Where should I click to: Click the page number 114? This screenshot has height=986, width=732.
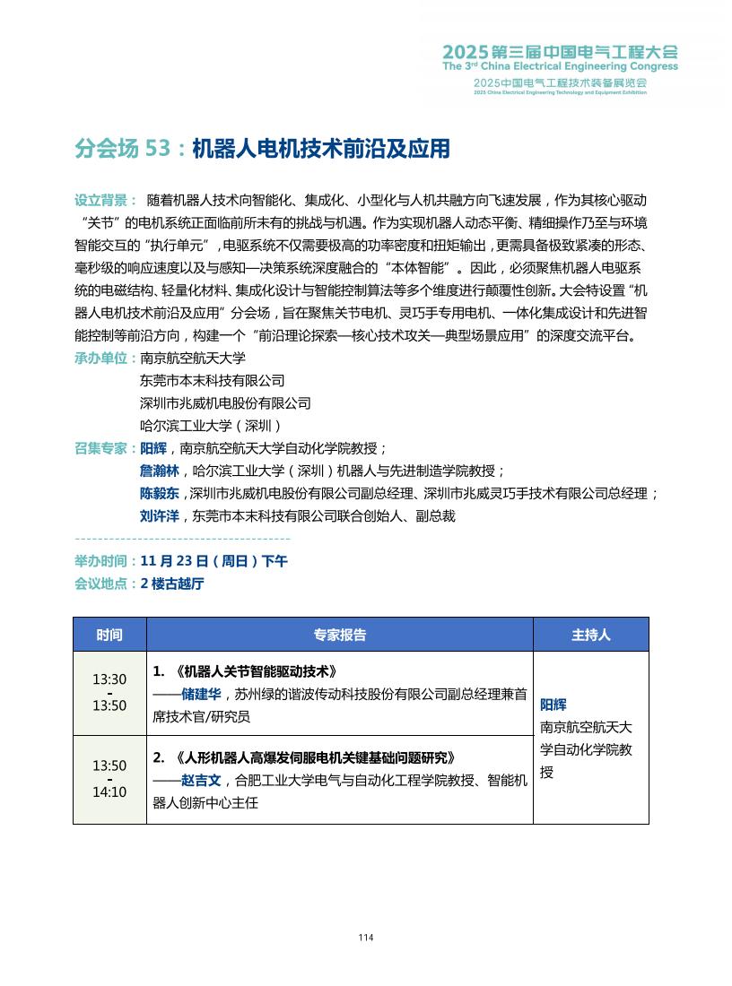365,938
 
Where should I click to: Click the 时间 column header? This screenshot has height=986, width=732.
109,635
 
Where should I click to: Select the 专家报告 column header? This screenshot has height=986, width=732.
339,635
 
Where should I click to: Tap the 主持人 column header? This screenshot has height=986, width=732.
590,635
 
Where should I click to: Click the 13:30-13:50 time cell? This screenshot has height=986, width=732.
109,692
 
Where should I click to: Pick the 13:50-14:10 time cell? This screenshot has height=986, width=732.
109,779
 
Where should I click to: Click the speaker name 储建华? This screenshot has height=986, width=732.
201,693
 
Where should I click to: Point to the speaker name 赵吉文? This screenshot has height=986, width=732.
201,780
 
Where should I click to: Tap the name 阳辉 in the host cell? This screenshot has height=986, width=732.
553,705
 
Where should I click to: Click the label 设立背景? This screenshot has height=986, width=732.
105,199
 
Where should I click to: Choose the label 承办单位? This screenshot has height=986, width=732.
105,358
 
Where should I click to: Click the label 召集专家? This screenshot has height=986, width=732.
105,448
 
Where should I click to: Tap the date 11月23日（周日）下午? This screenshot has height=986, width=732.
213,561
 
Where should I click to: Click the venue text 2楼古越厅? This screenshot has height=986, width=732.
172,584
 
